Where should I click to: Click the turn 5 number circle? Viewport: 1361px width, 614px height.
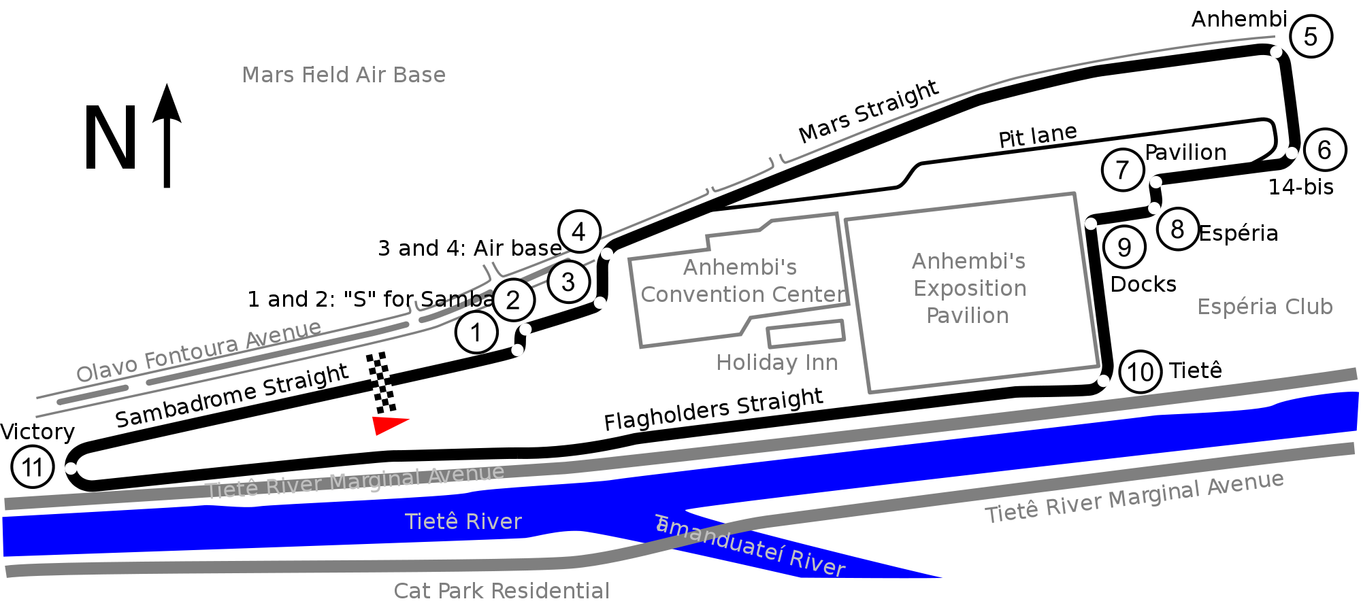coord(1311,37)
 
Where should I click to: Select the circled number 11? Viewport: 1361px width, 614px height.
coord(33,467)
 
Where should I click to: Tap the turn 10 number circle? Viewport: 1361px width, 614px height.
coord(1141,372)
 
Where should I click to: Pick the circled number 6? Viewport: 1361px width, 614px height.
coord(1325,150)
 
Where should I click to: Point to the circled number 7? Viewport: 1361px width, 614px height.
coord(1123,170)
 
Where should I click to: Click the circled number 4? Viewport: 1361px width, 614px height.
coord(579,232)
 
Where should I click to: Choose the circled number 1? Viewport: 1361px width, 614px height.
coord(476,332)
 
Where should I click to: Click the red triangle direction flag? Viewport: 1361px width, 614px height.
coord(389,424)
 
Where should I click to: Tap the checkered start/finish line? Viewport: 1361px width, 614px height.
coord(381,383)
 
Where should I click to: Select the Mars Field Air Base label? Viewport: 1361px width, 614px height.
coord(344,75)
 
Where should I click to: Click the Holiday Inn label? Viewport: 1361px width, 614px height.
coord(777,362)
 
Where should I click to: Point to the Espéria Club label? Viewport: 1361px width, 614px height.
coord(1265,307)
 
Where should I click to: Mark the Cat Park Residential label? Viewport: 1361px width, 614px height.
coord(502,591)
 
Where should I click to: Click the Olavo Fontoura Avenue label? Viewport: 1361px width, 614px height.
coord(199,352)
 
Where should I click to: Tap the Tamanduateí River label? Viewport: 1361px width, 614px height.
coord(750,546)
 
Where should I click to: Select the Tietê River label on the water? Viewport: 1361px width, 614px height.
coord(463,522)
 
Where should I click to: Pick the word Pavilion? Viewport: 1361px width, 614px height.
coord(968,315)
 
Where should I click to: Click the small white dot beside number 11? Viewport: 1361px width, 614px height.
coord(71,468)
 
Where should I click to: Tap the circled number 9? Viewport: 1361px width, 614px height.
coord(1124,247)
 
